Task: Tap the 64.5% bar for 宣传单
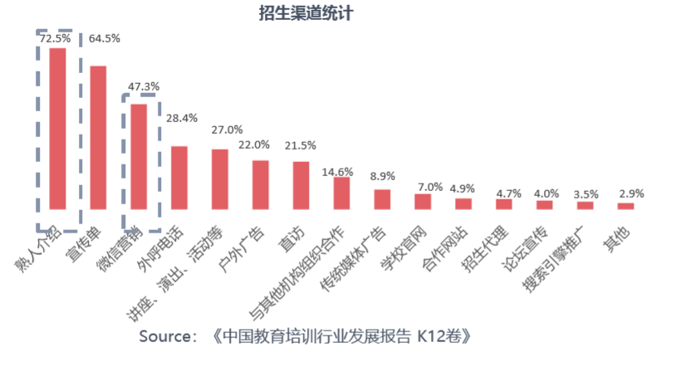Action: click(x=98, y=136)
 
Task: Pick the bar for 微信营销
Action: click(x=139, y=155)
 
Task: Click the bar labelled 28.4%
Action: click(x=179, y=177)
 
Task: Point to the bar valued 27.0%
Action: click(x=220, y=179)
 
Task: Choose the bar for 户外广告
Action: click(x=260, y=184)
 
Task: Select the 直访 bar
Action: click(x=301, y=184)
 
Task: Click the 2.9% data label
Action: click(x=631, y=193)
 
